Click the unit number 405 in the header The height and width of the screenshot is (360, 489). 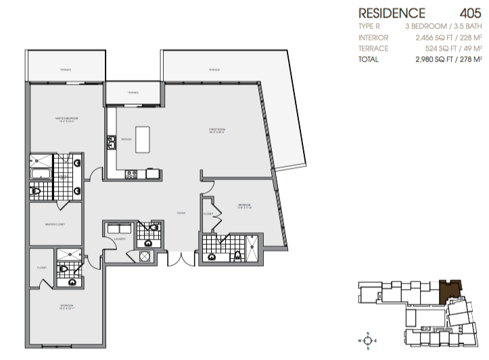click(x=470, y=13)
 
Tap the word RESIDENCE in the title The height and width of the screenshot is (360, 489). click(x=392, y=13)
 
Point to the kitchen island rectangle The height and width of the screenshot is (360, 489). click(x=142, y=139)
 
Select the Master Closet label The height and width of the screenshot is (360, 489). click(x=54, y=225)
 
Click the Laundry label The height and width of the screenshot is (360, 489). click(x=120, y=238)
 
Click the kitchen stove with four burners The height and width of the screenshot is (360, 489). click(x=132, y=174)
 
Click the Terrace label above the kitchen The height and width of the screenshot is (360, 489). click(x=133, y=93)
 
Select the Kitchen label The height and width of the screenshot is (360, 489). click(x=126, y=139)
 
